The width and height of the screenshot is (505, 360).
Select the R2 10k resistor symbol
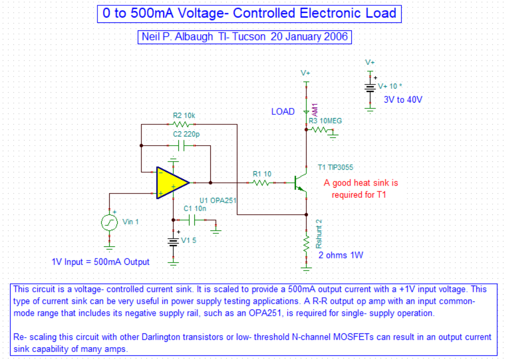click(x=183, y=124)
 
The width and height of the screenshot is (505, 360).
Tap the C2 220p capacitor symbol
click(x=183, y=145)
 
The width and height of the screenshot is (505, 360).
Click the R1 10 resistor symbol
click(x=261, y=182)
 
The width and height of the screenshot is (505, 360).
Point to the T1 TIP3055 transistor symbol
click(x=301, y=182)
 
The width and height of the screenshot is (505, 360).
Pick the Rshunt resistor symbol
click(x=306, y=245)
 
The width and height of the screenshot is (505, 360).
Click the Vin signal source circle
click(x=110, y=222)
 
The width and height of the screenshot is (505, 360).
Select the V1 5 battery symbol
click(x=173, y=241)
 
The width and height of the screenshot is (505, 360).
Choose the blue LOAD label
click(x=283, y=112)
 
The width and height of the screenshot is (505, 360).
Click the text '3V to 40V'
click(x=403, y=99)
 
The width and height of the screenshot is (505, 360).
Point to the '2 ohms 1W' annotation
click(x=341, y=255)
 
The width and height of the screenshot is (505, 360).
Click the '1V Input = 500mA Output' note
click(x=101, y=262)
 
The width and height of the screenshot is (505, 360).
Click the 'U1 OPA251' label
click(x=218, y=200)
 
